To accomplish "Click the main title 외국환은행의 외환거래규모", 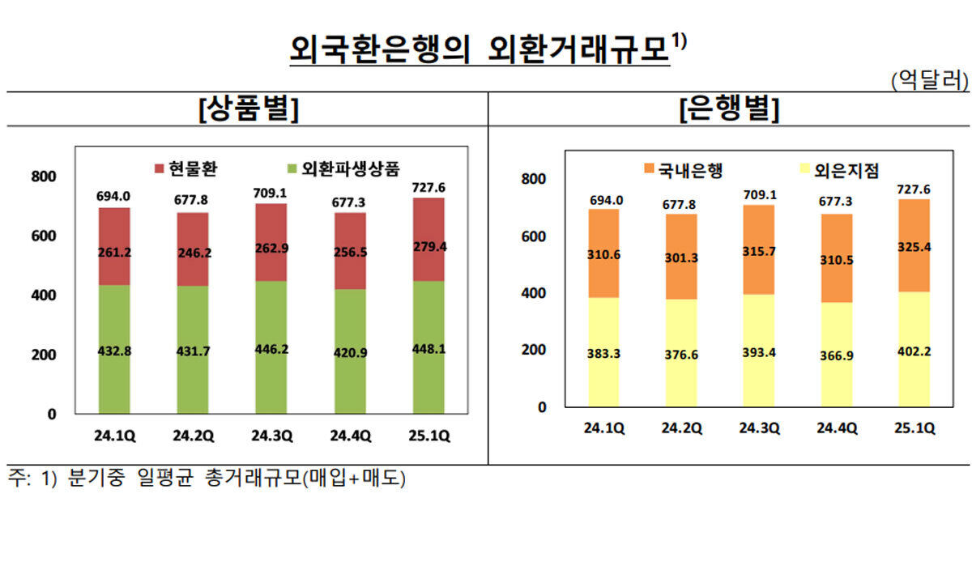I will click(x=480, y=50).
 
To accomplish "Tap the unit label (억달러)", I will click(x=929, y=79).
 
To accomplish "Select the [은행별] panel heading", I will click(x=729, y=109).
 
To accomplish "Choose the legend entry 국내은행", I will click(x=679, y=170).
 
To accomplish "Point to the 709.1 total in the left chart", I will click(x=272, y=194).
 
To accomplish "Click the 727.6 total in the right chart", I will click(x=914, y=189).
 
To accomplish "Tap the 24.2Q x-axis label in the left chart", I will click(x=193, y=436).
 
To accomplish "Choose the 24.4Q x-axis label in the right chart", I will click(x=836, y=428).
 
